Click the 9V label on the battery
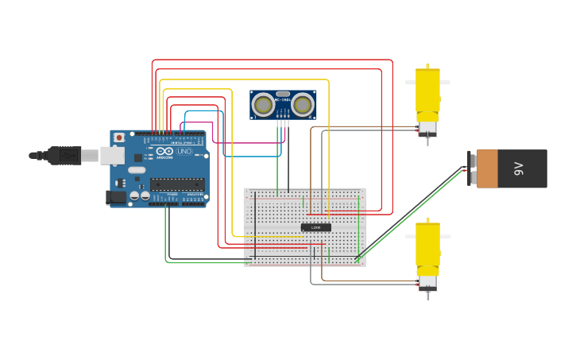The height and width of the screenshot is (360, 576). point(519,168)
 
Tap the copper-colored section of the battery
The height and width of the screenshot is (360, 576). point(487,168)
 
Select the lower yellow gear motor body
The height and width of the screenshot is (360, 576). point(427,248)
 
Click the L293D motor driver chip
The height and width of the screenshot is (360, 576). point(316,227)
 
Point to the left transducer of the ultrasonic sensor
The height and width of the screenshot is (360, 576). point(264,104)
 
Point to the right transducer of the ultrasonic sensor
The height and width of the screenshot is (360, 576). point(302,104)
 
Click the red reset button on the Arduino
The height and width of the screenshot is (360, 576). point(119,137)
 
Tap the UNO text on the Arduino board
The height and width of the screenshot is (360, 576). point(184,151)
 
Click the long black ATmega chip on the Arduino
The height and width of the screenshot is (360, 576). point(177,184)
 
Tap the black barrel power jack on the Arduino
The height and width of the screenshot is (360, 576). point(116,196)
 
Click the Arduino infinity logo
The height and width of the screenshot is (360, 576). point(164,151)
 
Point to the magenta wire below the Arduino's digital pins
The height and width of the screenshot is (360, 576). point(238,143)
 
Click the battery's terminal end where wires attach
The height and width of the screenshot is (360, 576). point(472,168)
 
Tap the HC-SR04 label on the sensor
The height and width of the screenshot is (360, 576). point(283,100)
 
